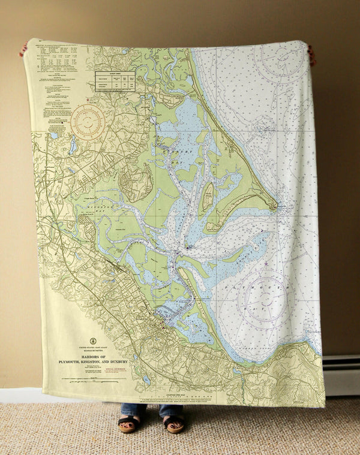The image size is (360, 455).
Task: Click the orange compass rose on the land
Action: click(88, 122)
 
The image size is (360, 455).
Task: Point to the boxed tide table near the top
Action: click(115, 82)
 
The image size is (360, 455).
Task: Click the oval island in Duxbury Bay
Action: click(207, 198)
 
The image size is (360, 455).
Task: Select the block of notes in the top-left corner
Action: click(57, 66)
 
